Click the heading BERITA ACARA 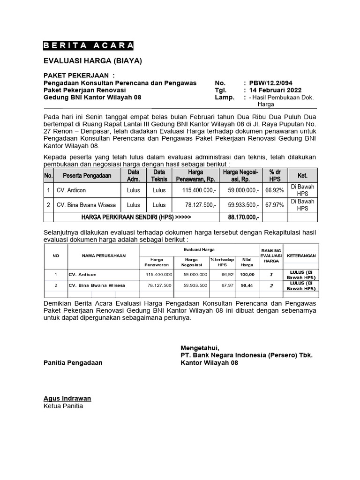(x=89, y=45)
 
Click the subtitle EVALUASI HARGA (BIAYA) (x=92, y=61)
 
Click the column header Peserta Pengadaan (x=84, y=175)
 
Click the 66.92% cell (x=274, y=190)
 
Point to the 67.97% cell (x=274, y=205)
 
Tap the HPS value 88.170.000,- (x=244, y=217)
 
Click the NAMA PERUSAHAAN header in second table (x=97, y=256)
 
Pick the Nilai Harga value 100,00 (x=247, y=275)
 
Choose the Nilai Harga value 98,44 (x=247, y=285)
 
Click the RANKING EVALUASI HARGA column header (x=270, y=256)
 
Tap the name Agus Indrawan (x=67, y=398)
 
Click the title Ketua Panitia (x=63, y=406)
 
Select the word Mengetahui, (x=200, y=347)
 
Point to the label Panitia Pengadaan (x=73, y=362)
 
